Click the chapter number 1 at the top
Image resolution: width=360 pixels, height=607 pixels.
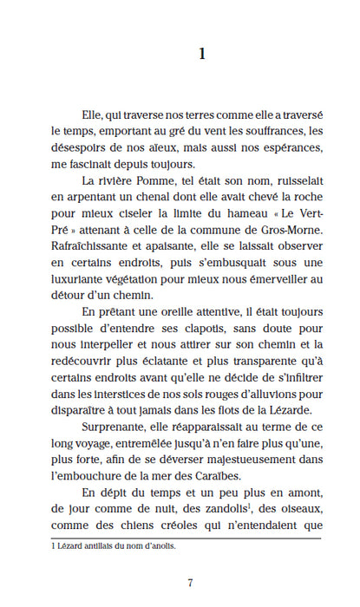(201, 55)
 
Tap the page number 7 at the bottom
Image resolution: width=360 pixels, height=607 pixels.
(201, 582)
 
